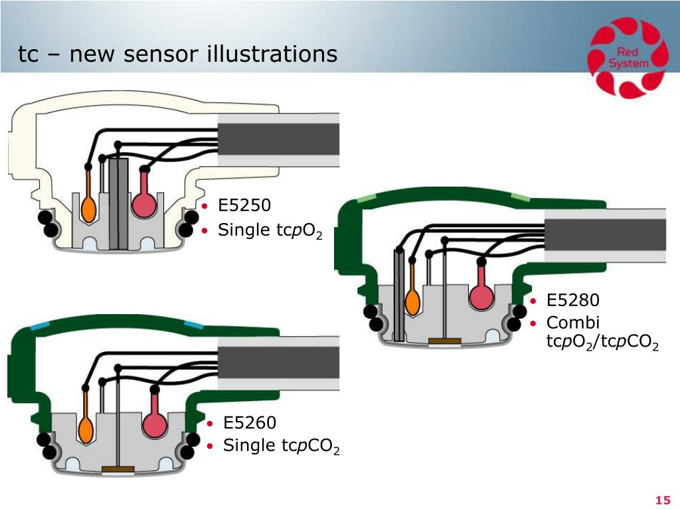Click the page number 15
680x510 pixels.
(663, 500)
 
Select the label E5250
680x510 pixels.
(244, 205)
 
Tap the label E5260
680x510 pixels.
(250, 422)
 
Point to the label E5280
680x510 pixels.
(573, 299)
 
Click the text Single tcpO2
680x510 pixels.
(270, 230)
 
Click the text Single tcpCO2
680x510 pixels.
(281, 446)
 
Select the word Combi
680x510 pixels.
(573, 323)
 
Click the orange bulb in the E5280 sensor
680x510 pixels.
(412, 299)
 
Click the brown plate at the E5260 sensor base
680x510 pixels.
(118, 469)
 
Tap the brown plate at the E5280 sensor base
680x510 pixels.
(444, 341)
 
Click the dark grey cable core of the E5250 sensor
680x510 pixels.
(278, 139)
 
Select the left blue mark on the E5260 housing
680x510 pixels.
(41, 327)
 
